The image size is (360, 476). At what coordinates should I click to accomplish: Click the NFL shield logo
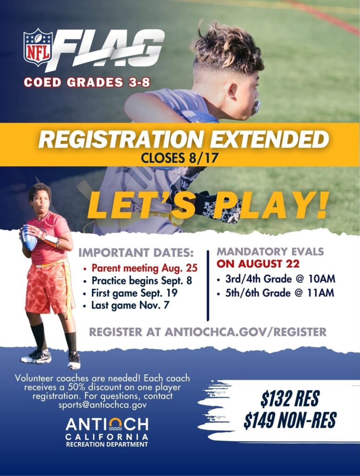38,47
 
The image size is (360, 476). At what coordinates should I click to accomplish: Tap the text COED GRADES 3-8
87,82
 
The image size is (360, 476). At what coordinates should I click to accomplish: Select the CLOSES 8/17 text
180,158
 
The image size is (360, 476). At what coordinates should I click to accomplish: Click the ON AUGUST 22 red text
258,264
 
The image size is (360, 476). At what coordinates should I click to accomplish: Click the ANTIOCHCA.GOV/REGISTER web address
246,332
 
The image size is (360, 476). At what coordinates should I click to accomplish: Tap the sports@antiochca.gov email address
102,405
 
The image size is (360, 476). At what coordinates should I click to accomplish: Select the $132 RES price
290,398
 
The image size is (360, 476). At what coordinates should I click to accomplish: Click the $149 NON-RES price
290,420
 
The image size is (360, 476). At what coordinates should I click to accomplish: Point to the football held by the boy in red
29,238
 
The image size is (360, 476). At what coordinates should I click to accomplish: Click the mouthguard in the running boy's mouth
256,107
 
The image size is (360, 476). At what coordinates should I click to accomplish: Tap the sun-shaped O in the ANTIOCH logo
115,424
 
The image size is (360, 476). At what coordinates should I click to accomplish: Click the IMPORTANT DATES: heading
136,252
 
